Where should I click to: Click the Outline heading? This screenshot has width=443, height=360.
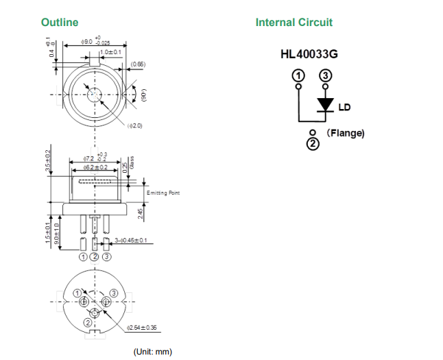60,23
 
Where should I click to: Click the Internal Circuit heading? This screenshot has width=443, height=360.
294,23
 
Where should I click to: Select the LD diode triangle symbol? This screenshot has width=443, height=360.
325,104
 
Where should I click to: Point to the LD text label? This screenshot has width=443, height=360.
345,107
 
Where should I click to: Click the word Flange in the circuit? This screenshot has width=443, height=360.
346,132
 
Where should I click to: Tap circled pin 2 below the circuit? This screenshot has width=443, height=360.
312,143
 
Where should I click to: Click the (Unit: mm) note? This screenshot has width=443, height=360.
153,352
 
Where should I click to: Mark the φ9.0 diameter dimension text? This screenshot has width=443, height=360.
87,42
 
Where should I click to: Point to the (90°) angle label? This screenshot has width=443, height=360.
144,95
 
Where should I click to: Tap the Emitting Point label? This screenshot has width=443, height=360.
163,193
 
